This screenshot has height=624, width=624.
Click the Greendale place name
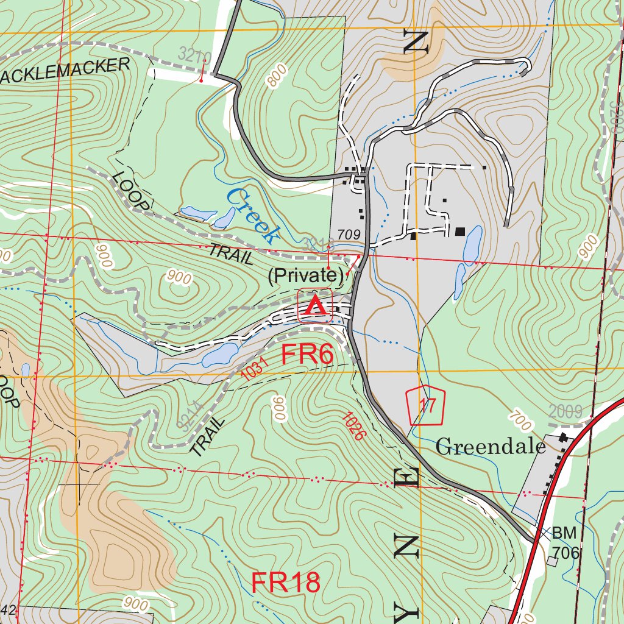491,447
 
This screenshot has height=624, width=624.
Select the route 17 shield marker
425,405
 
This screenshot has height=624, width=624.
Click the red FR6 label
308,355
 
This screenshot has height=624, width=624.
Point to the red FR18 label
286,583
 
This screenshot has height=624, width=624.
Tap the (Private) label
305,276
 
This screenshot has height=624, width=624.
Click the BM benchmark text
564,534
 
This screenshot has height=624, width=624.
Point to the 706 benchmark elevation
565,553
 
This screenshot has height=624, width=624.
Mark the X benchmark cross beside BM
545,532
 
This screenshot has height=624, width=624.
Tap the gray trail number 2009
565,411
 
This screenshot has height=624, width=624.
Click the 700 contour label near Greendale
522,420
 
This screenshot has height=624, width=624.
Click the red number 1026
353,426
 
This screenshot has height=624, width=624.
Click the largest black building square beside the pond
460,231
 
